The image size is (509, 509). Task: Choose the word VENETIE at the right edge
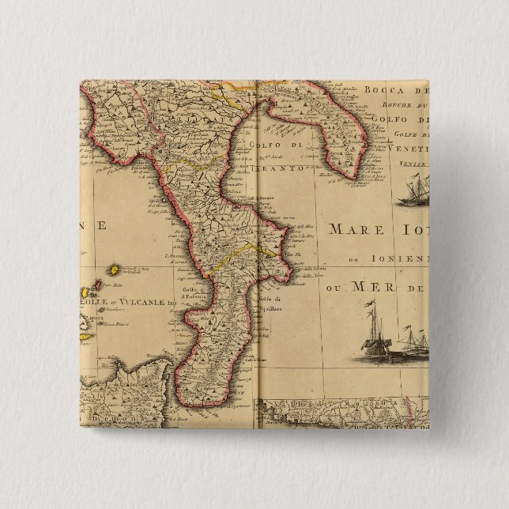coord(408,149)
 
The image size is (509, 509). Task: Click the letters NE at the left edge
coord(94,225)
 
